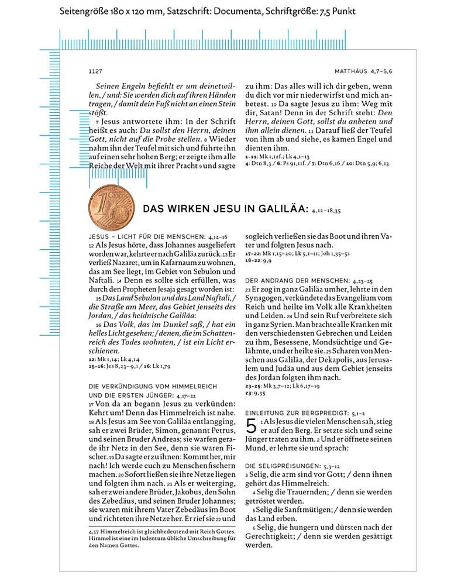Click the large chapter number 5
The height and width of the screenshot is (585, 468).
[x=252, y=426]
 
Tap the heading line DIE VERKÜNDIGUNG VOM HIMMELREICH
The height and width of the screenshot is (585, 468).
[x=153, y=387]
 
